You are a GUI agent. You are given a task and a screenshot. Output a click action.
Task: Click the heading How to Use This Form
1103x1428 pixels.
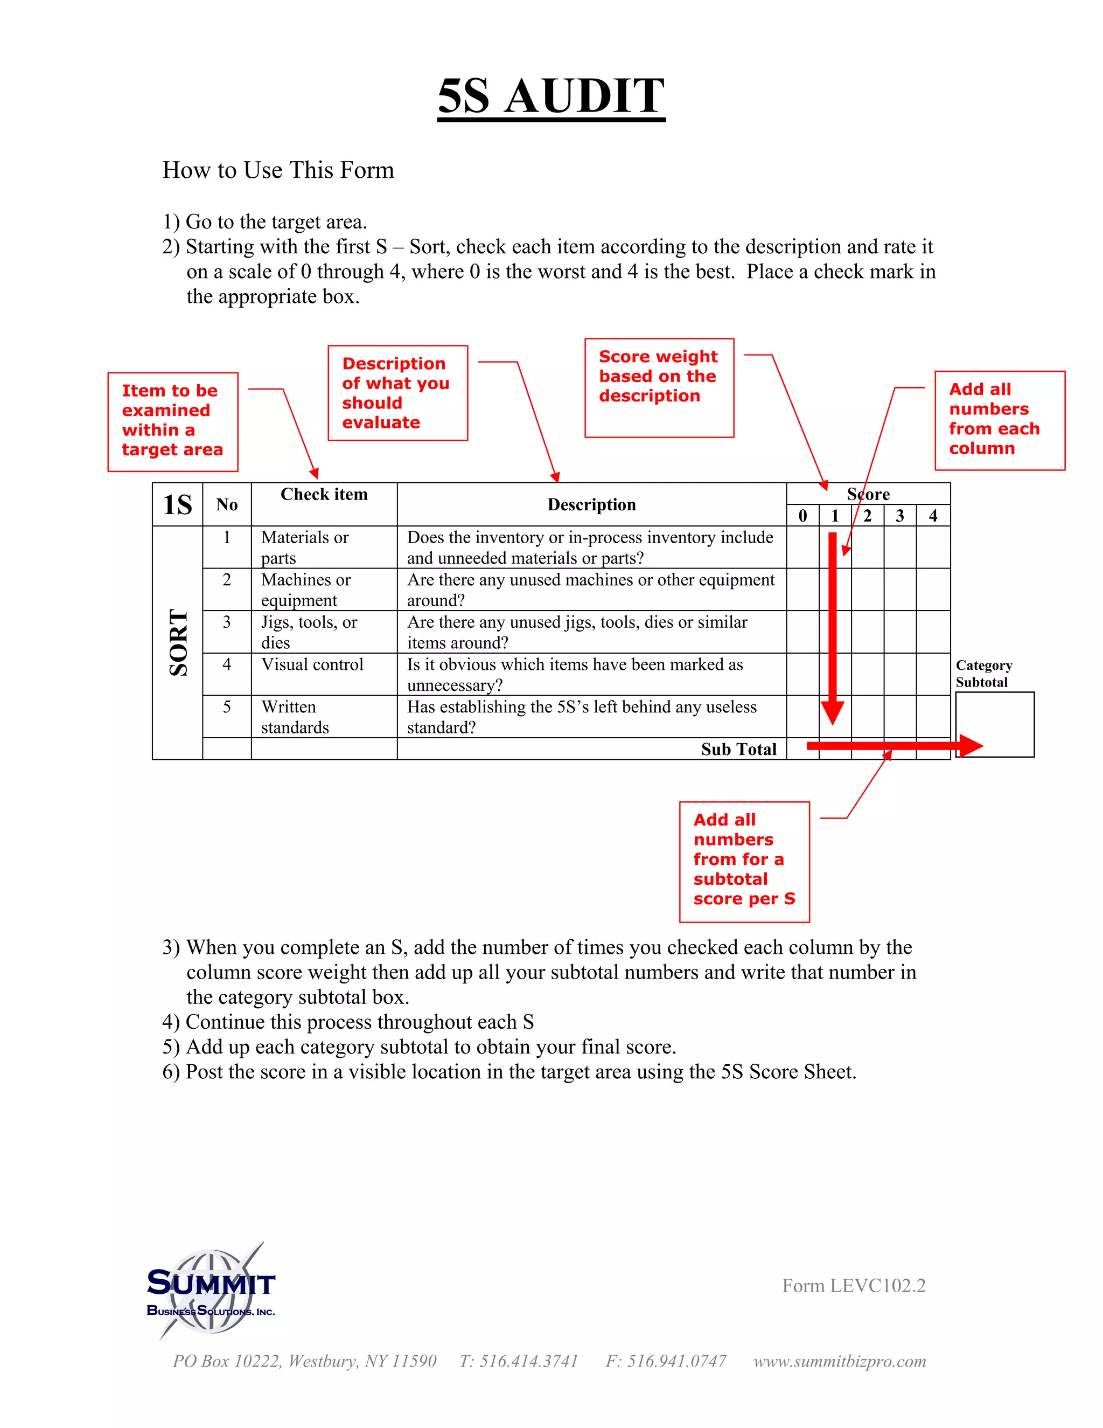278,170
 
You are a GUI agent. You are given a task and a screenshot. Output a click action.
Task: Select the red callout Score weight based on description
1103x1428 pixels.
659,387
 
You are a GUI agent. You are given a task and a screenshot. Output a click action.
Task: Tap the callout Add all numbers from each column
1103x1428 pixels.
999,420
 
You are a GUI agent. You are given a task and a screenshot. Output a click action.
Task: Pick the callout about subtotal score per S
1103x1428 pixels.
744,861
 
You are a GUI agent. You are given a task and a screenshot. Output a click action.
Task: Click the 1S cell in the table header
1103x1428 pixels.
177,505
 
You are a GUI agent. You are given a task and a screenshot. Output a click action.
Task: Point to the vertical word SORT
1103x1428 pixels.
178,642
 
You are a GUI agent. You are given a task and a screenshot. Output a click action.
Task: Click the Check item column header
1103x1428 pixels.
324,495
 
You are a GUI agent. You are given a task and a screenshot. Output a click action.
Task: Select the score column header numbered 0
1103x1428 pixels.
802,516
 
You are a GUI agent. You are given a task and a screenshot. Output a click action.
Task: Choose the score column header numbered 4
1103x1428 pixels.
933,516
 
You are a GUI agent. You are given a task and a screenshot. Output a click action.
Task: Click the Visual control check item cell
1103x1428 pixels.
312,665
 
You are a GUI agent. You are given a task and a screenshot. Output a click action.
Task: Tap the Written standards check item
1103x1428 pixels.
295,717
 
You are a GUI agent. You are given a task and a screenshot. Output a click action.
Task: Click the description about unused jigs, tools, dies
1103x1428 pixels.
577,632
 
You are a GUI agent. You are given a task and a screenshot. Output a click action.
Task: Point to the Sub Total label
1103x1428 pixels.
738,750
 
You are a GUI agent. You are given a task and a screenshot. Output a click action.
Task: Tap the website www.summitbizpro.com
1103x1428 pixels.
840,1361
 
